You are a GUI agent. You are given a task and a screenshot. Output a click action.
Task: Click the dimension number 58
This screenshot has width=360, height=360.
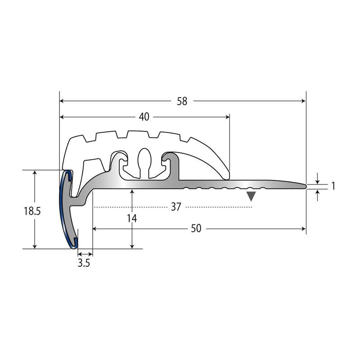click(182, 101)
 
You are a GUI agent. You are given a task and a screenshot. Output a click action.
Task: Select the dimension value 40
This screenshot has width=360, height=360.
click(144, 117)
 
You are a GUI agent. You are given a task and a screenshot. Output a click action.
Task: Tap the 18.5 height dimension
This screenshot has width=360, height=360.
click(32, 211)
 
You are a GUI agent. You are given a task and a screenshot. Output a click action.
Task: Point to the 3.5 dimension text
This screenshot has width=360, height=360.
click(84, 263)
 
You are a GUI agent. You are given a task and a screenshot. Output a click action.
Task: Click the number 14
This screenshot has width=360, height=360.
click(132, 219)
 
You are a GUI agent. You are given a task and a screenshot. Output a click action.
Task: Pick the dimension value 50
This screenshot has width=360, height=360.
click(196, 229)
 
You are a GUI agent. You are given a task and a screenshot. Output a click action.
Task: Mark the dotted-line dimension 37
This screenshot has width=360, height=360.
click(176, 207)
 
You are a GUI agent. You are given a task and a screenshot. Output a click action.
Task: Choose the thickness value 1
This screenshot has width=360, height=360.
click(333, 186)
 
